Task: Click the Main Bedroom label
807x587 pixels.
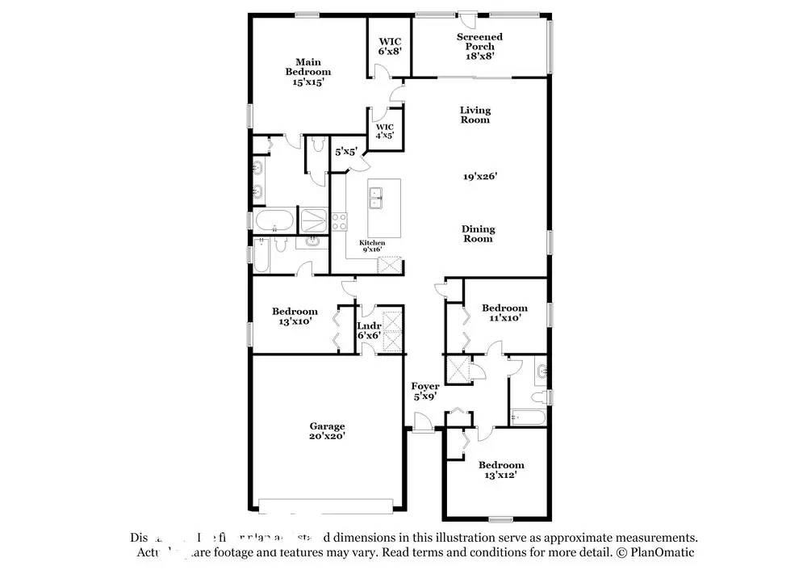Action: [x=307, y=72]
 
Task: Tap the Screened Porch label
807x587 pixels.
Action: [x=479, y=46]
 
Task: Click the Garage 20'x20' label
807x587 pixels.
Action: [x=327, y=431]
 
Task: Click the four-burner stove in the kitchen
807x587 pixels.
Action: [x=338, y=220]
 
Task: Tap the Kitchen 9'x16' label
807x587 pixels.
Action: [x=372, y=246]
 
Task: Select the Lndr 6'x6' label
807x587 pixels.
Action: [x=369, y=330]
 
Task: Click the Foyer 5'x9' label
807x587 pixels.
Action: [x=425, y=392]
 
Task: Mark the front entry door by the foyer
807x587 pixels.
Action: [x=422, y=421]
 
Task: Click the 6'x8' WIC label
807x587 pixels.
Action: [x=390, y=46]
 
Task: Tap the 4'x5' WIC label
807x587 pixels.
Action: [x=384, y=132]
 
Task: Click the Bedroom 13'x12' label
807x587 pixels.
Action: [x=500, y=470]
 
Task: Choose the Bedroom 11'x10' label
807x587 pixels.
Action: [x=504, y=312]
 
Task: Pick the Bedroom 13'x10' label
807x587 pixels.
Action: [x=295, y=316]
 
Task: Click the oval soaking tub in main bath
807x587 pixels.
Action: [x=272, y=220]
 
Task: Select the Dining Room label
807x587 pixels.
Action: [x=477, y=234]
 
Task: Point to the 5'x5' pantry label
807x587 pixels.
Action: [x=346, y=151]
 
